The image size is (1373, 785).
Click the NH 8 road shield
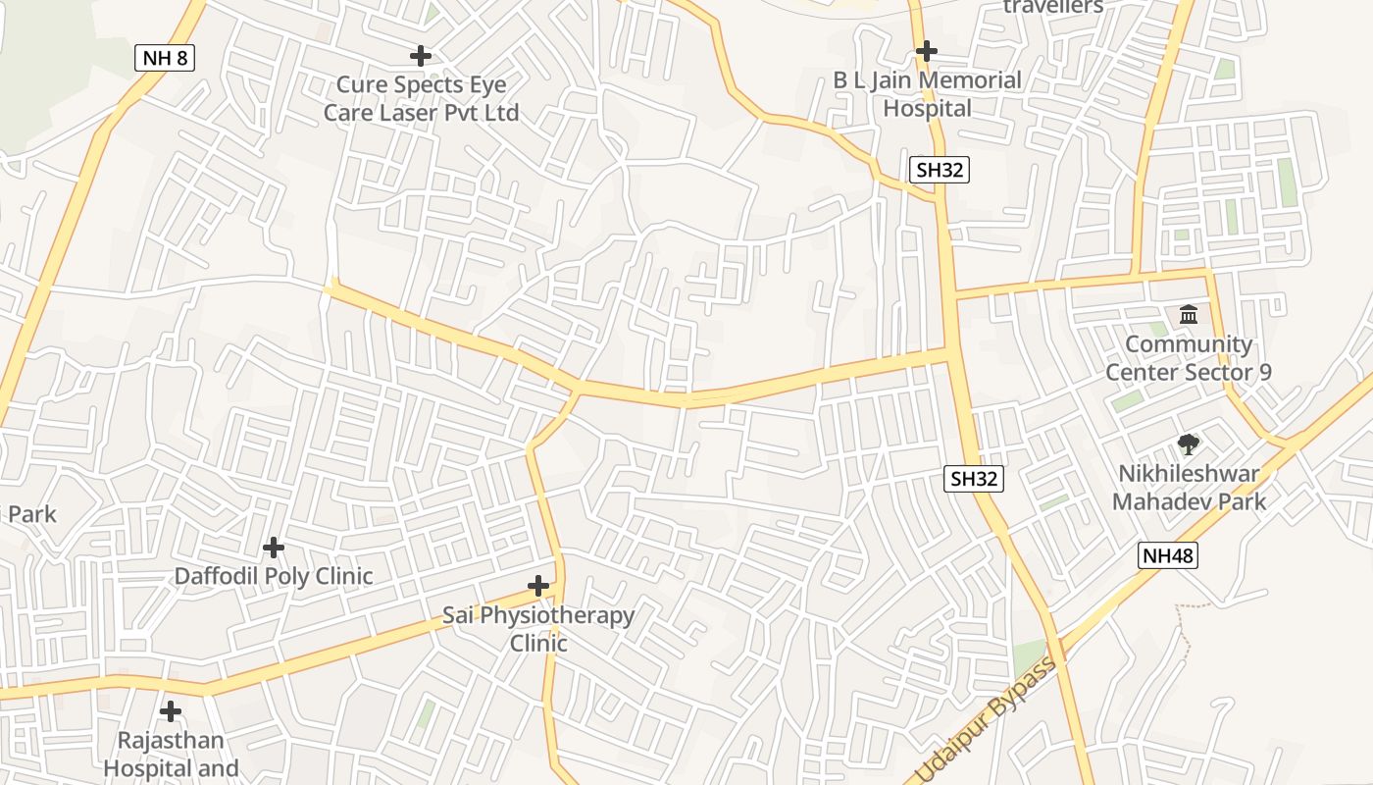coord(165,58)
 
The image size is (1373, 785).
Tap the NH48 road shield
coord(1168,556)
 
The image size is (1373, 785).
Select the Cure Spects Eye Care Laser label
coord(421,99)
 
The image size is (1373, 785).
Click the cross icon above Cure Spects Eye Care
coord(421,56)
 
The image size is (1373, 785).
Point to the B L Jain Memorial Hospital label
coord(927,94)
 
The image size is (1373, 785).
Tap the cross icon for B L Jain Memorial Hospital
coord(927,50)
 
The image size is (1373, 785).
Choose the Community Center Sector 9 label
coord(1189,358)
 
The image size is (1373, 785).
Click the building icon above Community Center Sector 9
coord(1189,315)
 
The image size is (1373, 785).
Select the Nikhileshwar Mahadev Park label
coord(1189,488)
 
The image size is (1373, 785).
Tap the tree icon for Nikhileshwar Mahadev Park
coord(1189,445)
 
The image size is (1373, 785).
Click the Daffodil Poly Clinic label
coord(274,576)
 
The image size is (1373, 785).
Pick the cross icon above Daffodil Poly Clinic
coord(274,547)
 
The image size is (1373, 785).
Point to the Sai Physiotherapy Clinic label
coord(538,629)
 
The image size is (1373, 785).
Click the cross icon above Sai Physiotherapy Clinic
coord(538,587)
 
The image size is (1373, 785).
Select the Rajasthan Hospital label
coord(171,754)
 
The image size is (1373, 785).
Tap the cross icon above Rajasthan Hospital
coord(171,710)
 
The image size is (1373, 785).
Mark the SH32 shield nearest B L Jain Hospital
coord(940,170)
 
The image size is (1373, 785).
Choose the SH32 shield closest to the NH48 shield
coord(974,479)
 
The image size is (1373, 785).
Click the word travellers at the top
coord(1053,7)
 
